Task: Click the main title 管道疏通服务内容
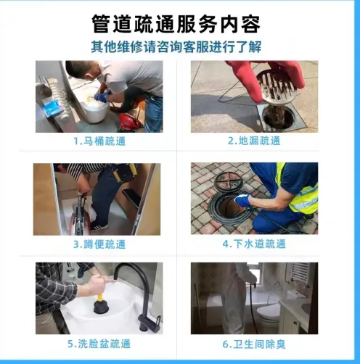[x=176, y=24]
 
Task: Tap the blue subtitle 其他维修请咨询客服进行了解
[x=176, y=46]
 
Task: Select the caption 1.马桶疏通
[x=99, y=141]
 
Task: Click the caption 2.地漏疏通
[x=254, y=141]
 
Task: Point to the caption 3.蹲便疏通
[x=99, y=244]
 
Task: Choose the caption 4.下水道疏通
[x=254, y=244]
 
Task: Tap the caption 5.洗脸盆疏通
[x=99, y=344]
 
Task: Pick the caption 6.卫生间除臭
[x=254, y=344]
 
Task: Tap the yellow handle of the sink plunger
[x=99, y=297]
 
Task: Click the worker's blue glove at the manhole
[x=242, y=200]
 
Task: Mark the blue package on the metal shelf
[x=52, y=109]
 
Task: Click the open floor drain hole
[x=278, y=117]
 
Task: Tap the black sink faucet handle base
[x=148, y=323]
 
